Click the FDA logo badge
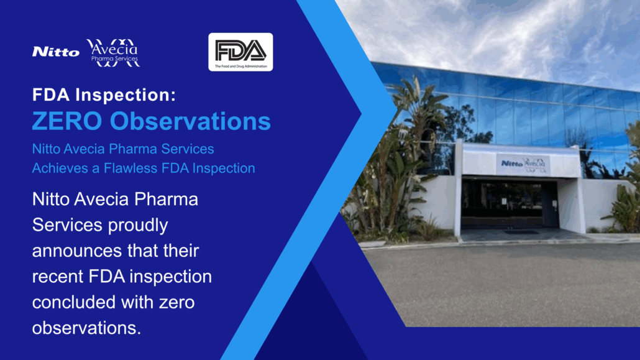(x=240, y=52)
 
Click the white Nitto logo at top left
(x=56, y=52)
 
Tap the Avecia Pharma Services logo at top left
(x=113, y=53)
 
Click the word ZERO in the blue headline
(x=67, y=121)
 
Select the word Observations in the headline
(x=190, y=121)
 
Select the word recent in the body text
(x=58, y=277)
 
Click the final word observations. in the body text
(x=86, y=328)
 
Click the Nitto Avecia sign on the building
(x=523, y=164)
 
